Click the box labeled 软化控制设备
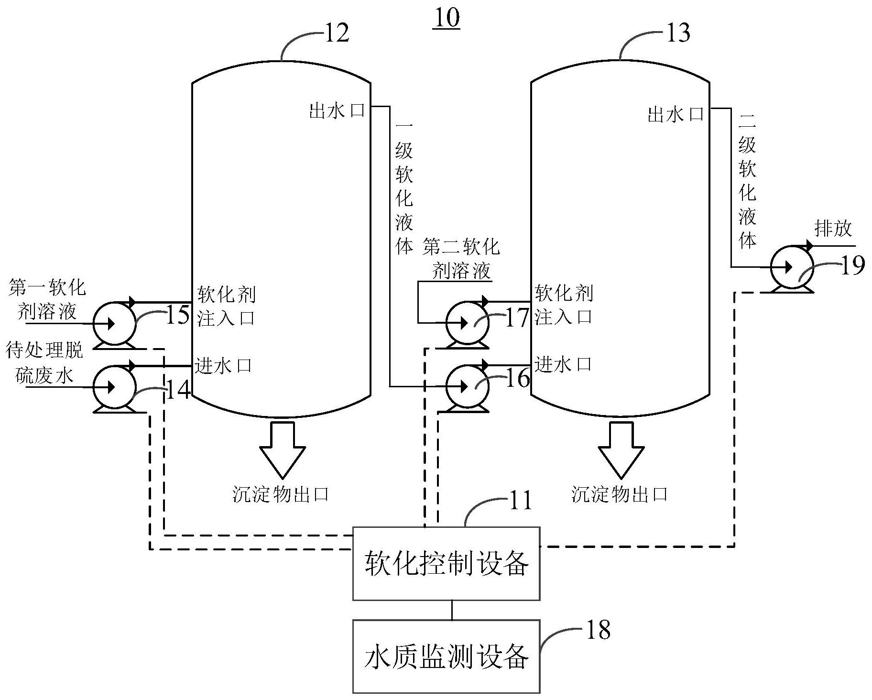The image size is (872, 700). [x=446, y=563]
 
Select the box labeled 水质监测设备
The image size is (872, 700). [x=446, y=656]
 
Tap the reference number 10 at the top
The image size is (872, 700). [x=447, y=18]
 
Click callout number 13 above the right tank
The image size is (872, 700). [x=677, y=33]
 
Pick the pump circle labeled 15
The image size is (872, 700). [x=114, y=324]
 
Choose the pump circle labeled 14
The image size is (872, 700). [x=114, y=387]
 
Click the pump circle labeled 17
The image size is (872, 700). [x=467, y=323]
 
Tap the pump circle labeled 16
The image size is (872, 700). [x=467, y=386]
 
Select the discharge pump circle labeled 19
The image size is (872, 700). [x=792, y=267]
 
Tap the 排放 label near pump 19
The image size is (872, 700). [x=833, y=229]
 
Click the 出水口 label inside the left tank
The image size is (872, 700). [x=337, y=111]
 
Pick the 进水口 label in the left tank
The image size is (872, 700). [x=223, y=366]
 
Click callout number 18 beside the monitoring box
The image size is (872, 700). [x=598, y=630]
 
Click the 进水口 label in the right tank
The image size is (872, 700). [x=563, y=365]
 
